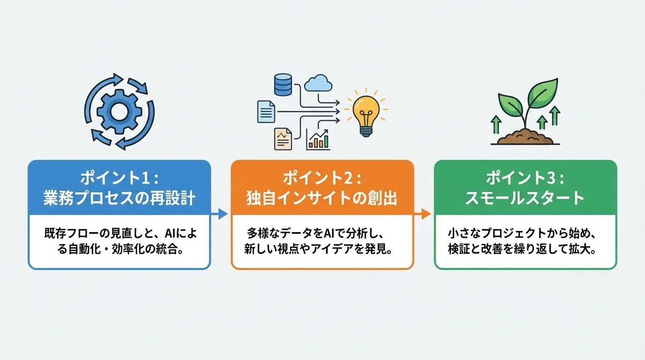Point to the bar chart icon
pyautogui.click(x=318, y=139)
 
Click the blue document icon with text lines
pyautogui.click(x=266, y=112)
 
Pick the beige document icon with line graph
pyautogui.click(x=283, y=138)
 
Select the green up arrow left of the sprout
pyautogui.click(x=495, y=125)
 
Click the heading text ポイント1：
pyautogui.click(x=119, y=179)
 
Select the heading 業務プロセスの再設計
pyautogui.click(x=119, y=198)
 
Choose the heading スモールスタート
pyautogui.click(x=525, y=198)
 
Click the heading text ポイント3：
pyautogui.click(x=525, y=179)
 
